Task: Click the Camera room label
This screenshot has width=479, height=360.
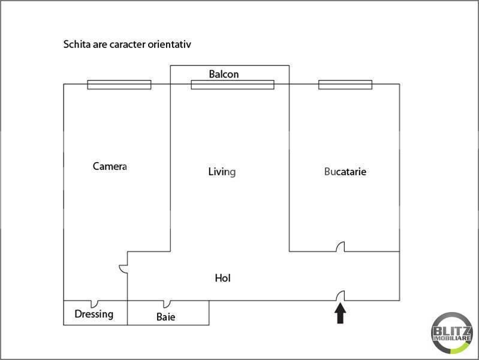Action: tap(110, 166)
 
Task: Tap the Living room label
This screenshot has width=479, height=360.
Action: tap(222, 172)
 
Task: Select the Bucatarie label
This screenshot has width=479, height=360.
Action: tap(345, 172)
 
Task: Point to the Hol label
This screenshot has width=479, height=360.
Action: tap(222, 278)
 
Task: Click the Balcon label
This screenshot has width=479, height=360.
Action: tap(224, 74)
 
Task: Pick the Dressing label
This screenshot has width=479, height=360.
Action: tap(94, 314)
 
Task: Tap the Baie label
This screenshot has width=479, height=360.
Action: tap(166, 317)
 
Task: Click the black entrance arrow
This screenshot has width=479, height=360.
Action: tap(341, 313)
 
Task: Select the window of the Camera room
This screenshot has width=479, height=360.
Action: tap(119, 85)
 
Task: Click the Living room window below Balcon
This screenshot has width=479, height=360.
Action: tap(233, 85)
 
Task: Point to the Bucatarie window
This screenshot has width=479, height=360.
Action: tap(345, 85)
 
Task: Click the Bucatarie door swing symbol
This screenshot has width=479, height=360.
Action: tap(341, 247)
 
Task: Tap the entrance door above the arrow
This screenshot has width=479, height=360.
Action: tap(341, 295)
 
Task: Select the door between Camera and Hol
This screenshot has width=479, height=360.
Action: tap(123, 269)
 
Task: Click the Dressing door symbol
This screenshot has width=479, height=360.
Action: tap(94, 304)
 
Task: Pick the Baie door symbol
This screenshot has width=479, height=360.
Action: tap(167, 304)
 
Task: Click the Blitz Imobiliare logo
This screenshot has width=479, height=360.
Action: tap(452, 333)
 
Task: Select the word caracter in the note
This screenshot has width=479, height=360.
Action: tap(127, 44)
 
